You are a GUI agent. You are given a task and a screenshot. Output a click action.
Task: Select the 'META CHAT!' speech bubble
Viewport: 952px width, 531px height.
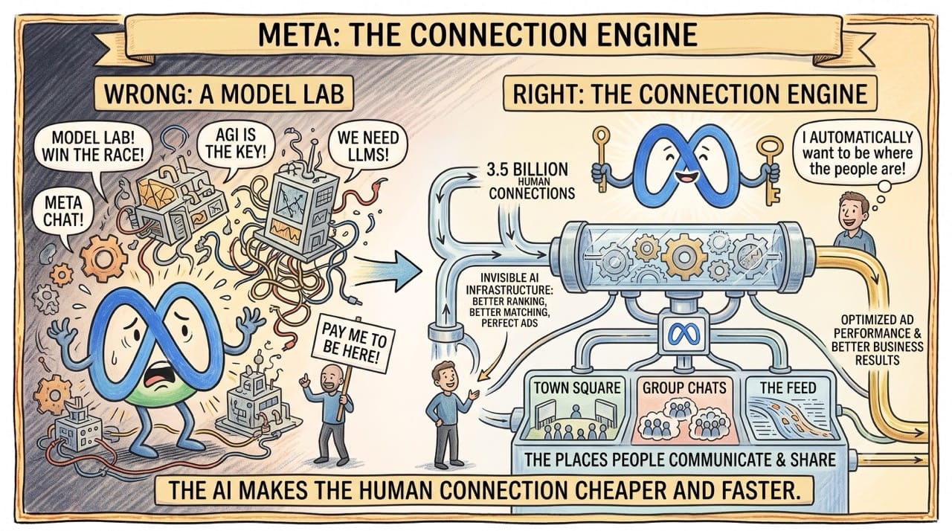click(63, 213)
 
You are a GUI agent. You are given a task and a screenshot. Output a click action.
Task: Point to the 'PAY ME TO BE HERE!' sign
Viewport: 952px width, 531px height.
click(353, 344)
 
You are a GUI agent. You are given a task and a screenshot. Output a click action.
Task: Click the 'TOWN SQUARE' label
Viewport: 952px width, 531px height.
click(577, 388)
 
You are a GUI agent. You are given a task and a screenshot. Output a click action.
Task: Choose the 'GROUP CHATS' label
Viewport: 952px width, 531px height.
click(684, 388)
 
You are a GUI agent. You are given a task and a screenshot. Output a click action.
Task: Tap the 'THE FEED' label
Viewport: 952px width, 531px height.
click(788, 388)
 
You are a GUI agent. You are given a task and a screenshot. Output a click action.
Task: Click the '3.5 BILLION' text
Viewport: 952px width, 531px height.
click(527, 170)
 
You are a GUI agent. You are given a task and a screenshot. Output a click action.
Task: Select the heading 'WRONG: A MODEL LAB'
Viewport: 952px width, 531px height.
click(224, 94)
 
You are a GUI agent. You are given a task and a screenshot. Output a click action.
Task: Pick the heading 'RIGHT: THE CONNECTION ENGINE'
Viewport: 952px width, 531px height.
click(689, 94)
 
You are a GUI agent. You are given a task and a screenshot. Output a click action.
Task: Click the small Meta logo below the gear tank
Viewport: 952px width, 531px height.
click(684, 333)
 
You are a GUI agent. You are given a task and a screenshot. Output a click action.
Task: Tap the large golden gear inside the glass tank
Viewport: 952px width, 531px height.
click(684, 257)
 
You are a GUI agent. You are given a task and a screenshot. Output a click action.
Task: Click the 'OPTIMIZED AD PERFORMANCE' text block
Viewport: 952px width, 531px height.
click(877, 340)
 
